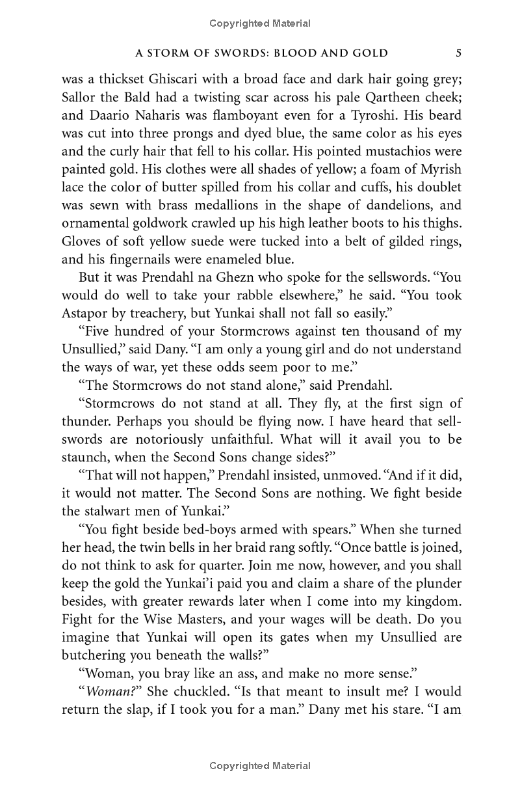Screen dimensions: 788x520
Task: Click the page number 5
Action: (459, 53)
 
